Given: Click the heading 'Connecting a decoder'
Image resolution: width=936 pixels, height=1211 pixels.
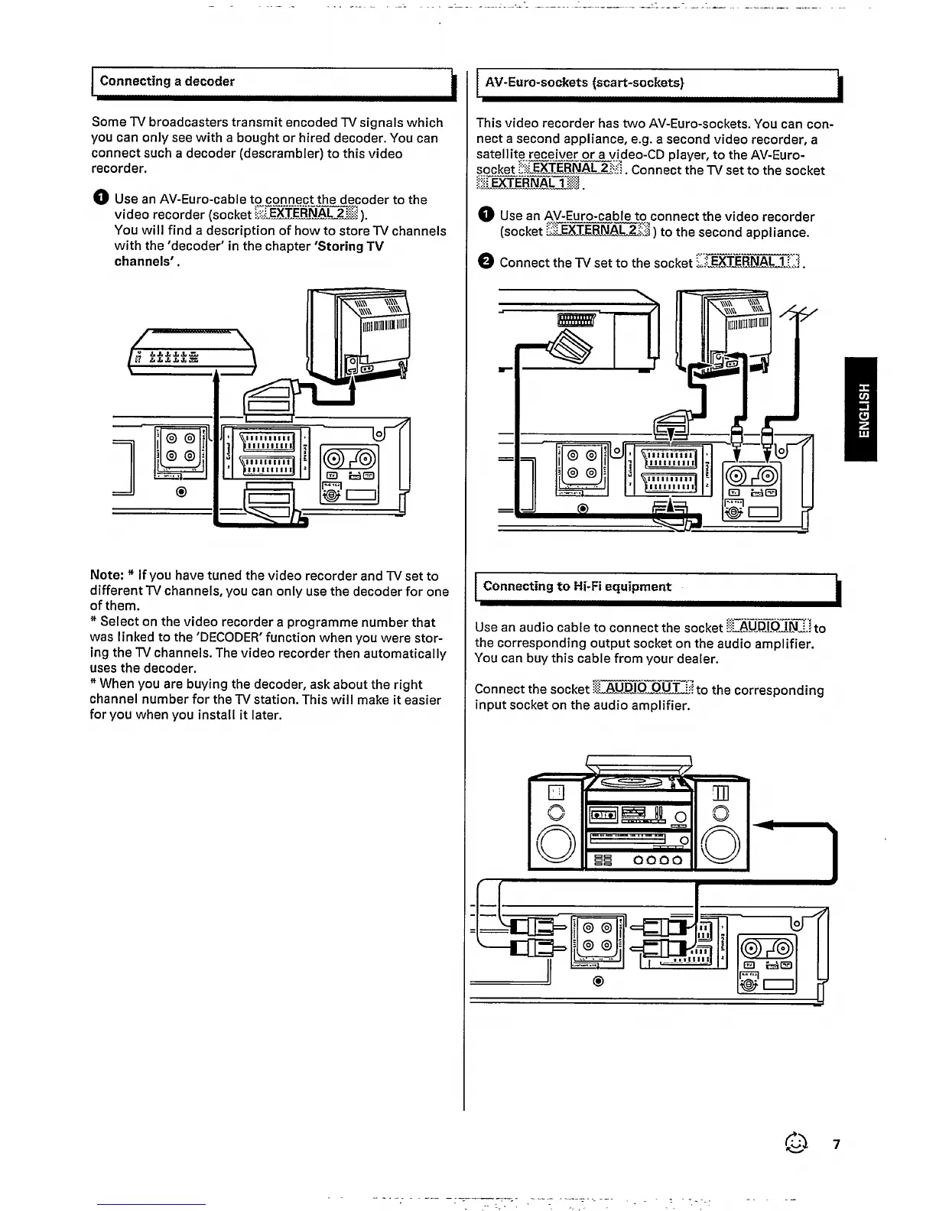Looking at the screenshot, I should coord(167,81).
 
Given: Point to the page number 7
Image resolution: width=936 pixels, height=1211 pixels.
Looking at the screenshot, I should coord(837,1144).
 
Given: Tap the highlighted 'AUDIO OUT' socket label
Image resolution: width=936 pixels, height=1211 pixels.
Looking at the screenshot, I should coord(643,689).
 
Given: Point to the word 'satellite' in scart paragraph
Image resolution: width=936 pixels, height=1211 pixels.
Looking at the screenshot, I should coord(498,154).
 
